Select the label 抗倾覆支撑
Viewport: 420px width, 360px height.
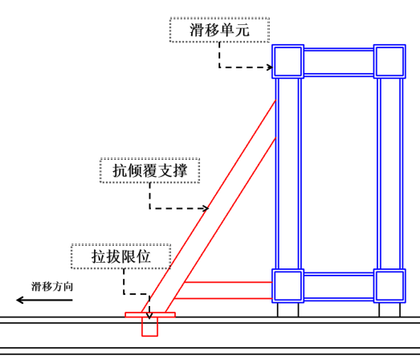149,170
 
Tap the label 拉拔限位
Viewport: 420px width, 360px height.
121,257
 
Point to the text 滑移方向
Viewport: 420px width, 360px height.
52,286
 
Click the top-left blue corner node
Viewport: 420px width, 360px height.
287,61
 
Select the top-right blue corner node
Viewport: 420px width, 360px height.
389,61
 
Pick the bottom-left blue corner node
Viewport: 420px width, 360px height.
287,285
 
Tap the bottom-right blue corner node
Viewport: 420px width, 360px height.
389,285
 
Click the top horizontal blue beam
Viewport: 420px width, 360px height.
338,62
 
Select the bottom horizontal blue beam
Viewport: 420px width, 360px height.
338,285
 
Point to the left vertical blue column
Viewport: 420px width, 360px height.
287,173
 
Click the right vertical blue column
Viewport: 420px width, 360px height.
389,173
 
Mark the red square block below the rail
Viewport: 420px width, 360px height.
150,326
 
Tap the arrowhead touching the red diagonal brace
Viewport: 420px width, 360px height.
205,209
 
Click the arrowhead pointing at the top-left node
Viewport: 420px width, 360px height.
267,67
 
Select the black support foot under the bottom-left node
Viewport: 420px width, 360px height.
287,309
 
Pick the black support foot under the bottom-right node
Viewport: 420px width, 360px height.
389,309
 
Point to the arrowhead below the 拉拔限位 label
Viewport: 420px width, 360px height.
149,312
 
